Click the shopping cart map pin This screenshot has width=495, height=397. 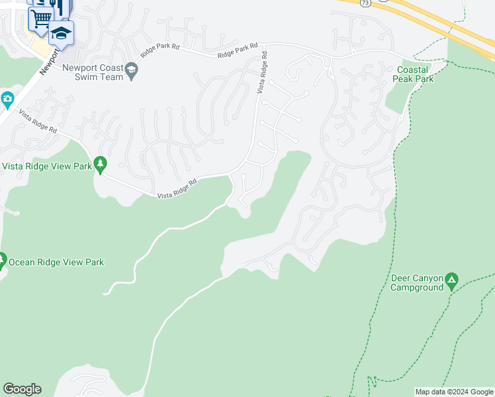tap(40, 18)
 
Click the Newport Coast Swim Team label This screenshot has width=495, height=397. tap(93, 72)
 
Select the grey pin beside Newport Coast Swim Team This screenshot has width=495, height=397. tap(132, 70)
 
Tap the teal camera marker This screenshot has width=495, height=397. tap(7, 101)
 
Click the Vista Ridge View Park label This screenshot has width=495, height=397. tap(46, 166)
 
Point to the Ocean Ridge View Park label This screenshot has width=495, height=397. tap(56, 262)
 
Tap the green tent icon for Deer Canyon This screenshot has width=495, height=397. tap(452, 281)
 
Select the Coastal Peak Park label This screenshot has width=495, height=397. tap(415, 74)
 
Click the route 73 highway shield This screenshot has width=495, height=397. tap(365, 3)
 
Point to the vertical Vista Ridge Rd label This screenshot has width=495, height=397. tap(263, 72)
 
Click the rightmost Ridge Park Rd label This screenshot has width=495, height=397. tap(238, 51)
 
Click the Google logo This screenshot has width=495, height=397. tap(22, 389)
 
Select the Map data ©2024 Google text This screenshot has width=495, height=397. tap(454, 392)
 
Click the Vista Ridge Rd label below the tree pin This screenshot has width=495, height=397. tap(177, 189)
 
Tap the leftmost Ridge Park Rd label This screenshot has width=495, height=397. tap(161, 48)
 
